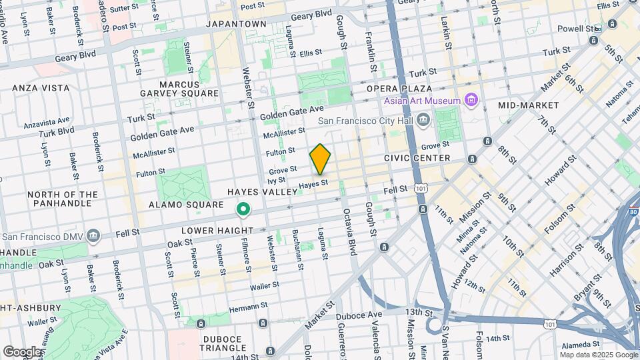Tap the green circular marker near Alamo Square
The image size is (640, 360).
(244, 211)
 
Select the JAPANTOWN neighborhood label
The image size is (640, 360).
(236, 23)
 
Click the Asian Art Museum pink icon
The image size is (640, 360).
(472, 101)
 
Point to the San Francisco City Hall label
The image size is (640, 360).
(365, 121)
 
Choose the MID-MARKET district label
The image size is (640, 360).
(528, 105)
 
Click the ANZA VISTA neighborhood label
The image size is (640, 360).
(41, 87)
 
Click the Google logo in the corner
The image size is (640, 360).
(22, 351)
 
